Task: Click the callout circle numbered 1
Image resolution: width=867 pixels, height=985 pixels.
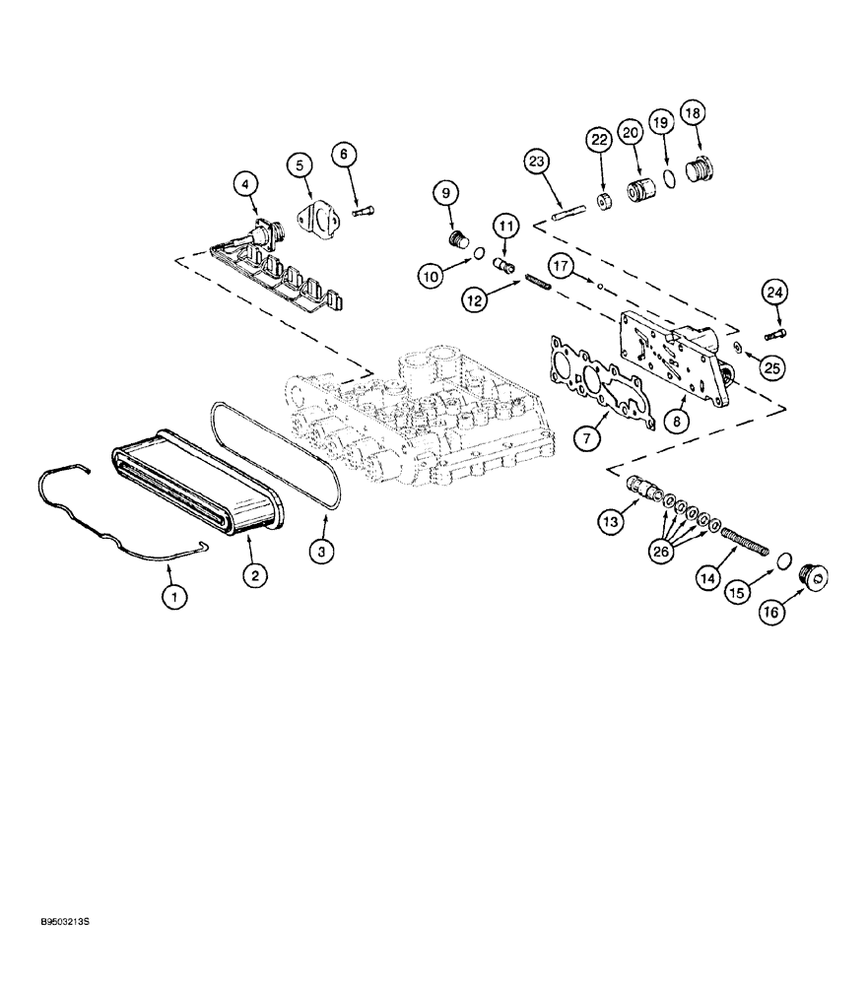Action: click(174, 597)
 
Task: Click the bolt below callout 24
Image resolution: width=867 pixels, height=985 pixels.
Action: click(774, 335)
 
